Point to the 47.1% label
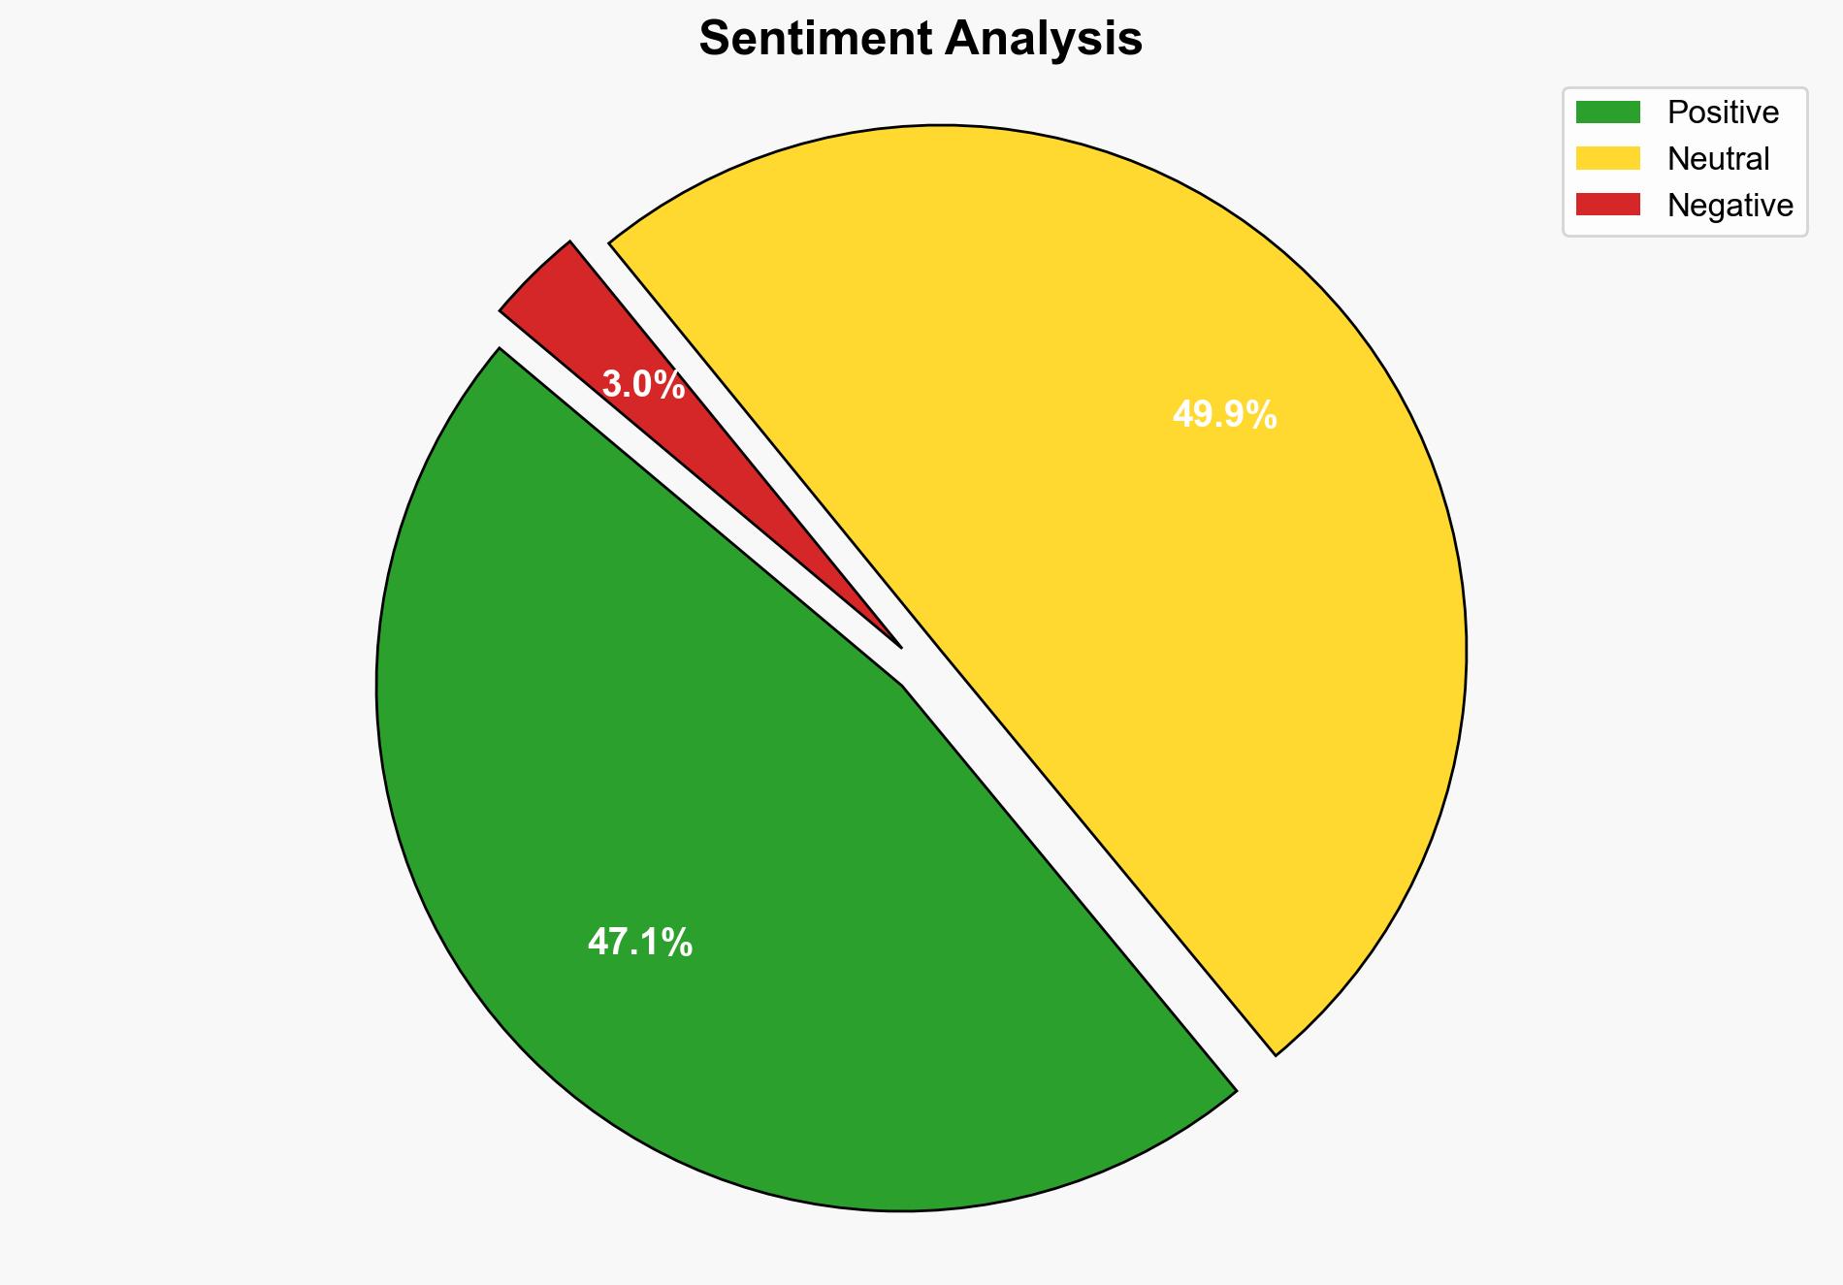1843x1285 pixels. [640, 943]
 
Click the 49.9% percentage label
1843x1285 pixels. [1224, 416]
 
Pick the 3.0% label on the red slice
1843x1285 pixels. [643, 386]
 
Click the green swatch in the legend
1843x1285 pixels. [1607, 112]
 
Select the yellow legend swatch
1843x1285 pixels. [1607, 158]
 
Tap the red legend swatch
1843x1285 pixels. [1607, 205]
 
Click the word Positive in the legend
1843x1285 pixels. [1723, 112]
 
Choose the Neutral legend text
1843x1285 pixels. [1718, 159]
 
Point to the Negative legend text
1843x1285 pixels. [1730, 206]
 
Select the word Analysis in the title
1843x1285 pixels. [1045, 40]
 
